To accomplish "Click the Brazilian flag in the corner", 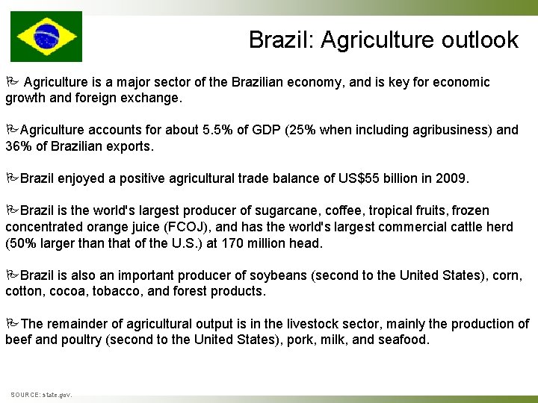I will [46, 36].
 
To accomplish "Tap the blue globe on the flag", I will [46, 36].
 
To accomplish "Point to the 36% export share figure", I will [18, 146].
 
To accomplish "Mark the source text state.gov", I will [57, 394].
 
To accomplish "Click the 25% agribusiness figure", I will [306, 130].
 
